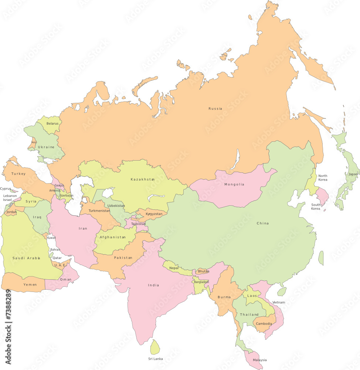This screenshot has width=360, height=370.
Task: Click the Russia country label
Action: click(215, 108)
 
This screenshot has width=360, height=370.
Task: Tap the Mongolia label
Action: click(234, 184)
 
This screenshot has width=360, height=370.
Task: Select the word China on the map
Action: click(263, 223)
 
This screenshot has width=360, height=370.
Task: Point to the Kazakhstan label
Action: click(142, 179)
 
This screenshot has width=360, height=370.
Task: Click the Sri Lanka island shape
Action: click(155, 347)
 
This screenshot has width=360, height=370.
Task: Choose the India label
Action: click(153, 285)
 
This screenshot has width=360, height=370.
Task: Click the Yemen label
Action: click(30, 285)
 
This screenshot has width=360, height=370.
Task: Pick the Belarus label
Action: click(52, 123)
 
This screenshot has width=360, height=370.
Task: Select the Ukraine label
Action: click(46, 147)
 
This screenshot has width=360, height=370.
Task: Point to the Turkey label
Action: click(18, 174)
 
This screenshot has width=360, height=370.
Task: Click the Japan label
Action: click(353, 174)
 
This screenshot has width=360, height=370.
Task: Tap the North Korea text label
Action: click(323, 178)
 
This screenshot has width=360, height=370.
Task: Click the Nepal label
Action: click(174, 268)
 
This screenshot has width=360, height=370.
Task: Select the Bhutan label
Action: click(203, 271)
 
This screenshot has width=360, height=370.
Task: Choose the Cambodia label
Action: click(264, 324)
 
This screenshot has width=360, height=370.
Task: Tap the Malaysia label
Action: click(259, 360)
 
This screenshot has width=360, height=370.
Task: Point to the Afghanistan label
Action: click(113, 237)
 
